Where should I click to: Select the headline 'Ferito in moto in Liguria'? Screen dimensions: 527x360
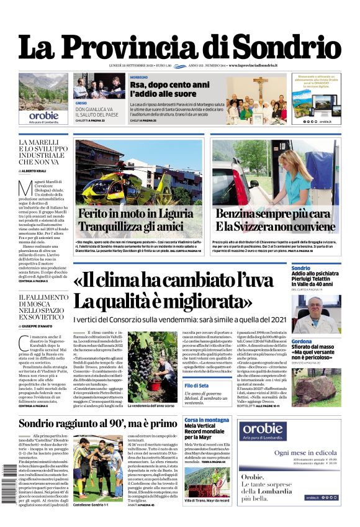pyautogui.click(x=135, y=214)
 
